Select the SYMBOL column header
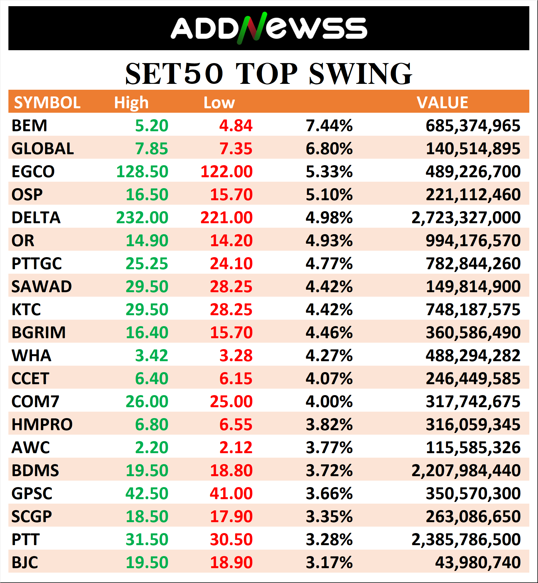tap(47, 103)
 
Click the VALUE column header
tap(442, 103)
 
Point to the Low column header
tap(219, 103)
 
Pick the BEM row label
tap(29, 126)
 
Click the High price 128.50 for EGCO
tap(142, 172)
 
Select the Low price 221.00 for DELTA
tap(226, 218)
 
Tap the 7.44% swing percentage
tap(329, 126)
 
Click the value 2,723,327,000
tap(466, 218)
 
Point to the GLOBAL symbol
tap(43, 149)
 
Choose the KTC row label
tap(26, 309)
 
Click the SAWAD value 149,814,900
tap(473, 287)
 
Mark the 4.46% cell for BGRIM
tap(329, 332)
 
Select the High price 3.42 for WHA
tap(151, 355)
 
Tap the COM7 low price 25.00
tap(231, 401)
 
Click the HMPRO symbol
tap(42, 424)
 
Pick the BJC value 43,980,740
tap(477, 562)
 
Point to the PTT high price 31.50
tap(147, 539)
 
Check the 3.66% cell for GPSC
tap(329, 493)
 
